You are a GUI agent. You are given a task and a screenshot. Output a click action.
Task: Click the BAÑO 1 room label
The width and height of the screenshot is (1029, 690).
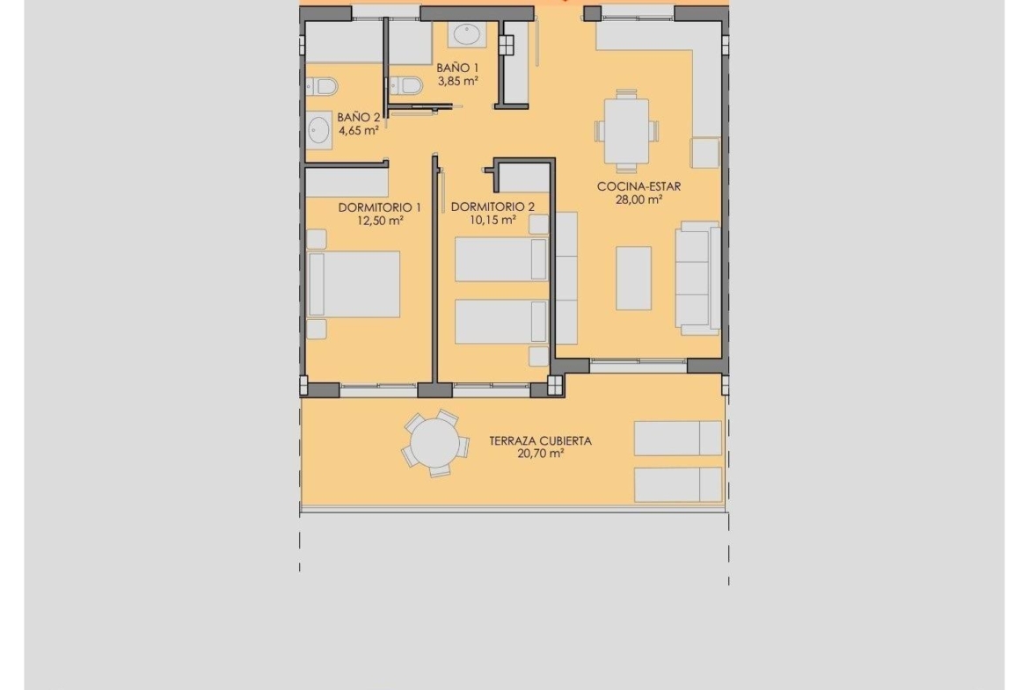[457, 68]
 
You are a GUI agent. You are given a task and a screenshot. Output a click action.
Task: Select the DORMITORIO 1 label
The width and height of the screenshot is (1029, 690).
[380, 207]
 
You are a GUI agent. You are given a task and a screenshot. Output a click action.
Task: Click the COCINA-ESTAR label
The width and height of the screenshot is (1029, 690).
[639, 186]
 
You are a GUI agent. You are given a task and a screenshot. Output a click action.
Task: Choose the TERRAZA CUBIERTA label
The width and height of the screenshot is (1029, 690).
[540, 440]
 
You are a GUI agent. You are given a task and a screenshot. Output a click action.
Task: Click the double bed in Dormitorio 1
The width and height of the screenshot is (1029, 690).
[354, 284]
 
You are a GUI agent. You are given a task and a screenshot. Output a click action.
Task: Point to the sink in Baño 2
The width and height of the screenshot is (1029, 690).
[318, 130]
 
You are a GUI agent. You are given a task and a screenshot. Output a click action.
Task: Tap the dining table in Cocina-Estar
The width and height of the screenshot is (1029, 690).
[625, 131]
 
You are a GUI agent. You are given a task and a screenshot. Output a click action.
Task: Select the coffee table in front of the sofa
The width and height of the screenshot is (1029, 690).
[633, 278]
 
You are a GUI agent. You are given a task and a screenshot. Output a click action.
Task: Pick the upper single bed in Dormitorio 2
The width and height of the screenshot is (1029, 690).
[500, 259]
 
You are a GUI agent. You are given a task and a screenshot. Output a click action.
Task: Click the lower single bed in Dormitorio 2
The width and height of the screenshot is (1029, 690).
[500, 322]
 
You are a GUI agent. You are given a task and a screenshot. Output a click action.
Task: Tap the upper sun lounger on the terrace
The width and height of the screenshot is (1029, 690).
[677, 438]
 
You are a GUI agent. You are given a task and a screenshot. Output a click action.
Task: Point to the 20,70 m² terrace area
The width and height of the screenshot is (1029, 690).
[540, 454]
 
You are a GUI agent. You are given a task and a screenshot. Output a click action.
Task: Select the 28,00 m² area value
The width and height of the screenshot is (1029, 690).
[639, 200]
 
